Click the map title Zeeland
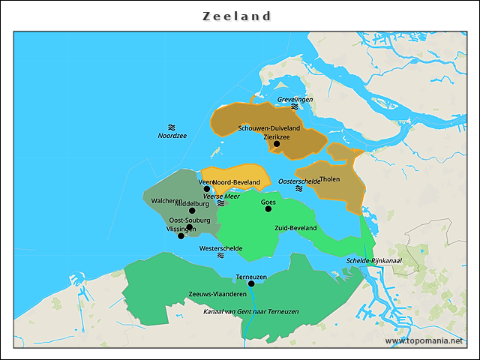[237, 16]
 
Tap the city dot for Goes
[268, 208]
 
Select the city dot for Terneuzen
[251, 283]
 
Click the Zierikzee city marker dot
[276, 144]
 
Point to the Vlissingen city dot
[181, 235]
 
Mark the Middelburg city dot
[192, 210]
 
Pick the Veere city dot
[207, 189]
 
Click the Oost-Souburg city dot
[190, 226]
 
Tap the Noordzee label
[172, 136]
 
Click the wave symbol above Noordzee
[172, 127]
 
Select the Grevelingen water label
[295, 99]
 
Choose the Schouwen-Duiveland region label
[269, 128]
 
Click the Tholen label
[329, 179]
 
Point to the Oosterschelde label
[298, 181]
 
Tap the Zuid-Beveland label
[295, 227]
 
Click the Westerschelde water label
[220, 247]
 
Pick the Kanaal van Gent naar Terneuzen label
[251, 310]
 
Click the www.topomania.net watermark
[424, 340]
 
